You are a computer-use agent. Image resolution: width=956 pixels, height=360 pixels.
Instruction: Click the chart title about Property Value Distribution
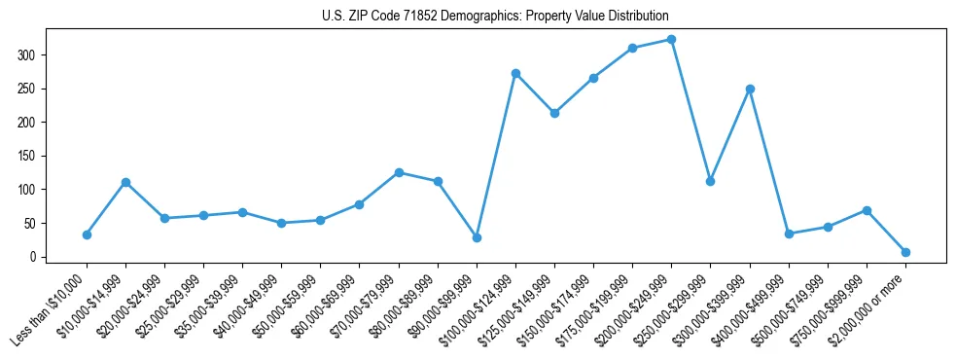tap(495, 17)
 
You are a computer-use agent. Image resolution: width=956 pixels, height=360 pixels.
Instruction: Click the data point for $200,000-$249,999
tap(671, 40)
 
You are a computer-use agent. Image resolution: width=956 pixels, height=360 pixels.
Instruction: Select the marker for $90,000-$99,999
tap(477, 237)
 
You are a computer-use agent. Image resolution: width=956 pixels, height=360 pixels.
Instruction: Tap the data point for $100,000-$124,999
tap(515, 73)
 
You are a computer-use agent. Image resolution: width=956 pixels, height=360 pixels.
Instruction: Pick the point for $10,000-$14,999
tap(125, 182)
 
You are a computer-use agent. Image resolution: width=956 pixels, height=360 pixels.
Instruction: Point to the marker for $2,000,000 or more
tap(905, 252)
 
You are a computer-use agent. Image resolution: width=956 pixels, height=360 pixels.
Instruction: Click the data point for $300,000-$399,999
tap(750, 89)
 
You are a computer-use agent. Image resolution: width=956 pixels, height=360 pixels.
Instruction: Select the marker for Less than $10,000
tap(87, 234)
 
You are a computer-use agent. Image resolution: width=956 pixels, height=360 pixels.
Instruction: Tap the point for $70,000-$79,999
tap(399, 172)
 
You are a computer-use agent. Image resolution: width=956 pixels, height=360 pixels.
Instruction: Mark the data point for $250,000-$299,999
tap(710, 181)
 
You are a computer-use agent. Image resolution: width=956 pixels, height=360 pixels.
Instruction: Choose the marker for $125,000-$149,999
tap(554, 113)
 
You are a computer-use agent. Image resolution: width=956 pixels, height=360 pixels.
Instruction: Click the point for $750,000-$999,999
tap(867, 210)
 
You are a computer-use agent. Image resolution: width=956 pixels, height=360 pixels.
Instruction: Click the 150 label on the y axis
tap(29, 156)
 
